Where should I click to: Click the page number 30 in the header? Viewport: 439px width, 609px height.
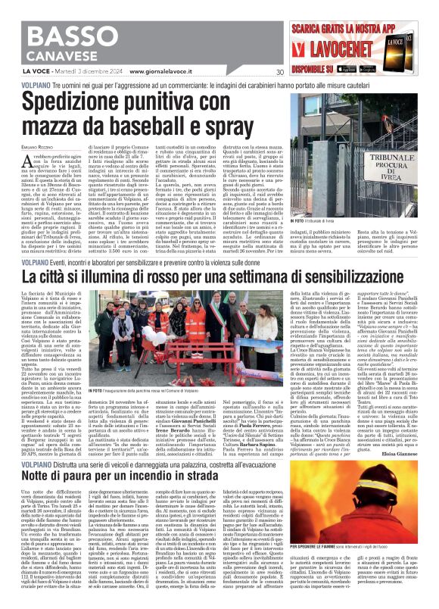pos(279,72)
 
